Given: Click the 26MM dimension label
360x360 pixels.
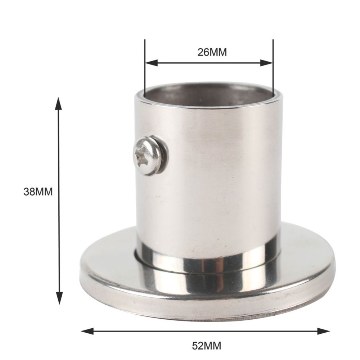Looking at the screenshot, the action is pos(212,52).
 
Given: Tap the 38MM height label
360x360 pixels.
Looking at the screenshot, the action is pos(38,192).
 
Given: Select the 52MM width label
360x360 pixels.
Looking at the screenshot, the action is pos(206,346).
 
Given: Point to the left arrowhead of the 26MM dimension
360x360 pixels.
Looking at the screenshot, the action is pos(152,63).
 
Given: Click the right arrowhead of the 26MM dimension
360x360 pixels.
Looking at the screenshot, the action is pos(266,63).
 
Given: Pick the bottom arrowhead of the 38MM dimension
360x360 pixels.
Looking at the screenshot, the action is pos(59,298).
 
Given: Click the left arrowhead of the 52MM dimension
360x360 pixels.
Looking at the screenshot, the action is pos(87,331).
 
